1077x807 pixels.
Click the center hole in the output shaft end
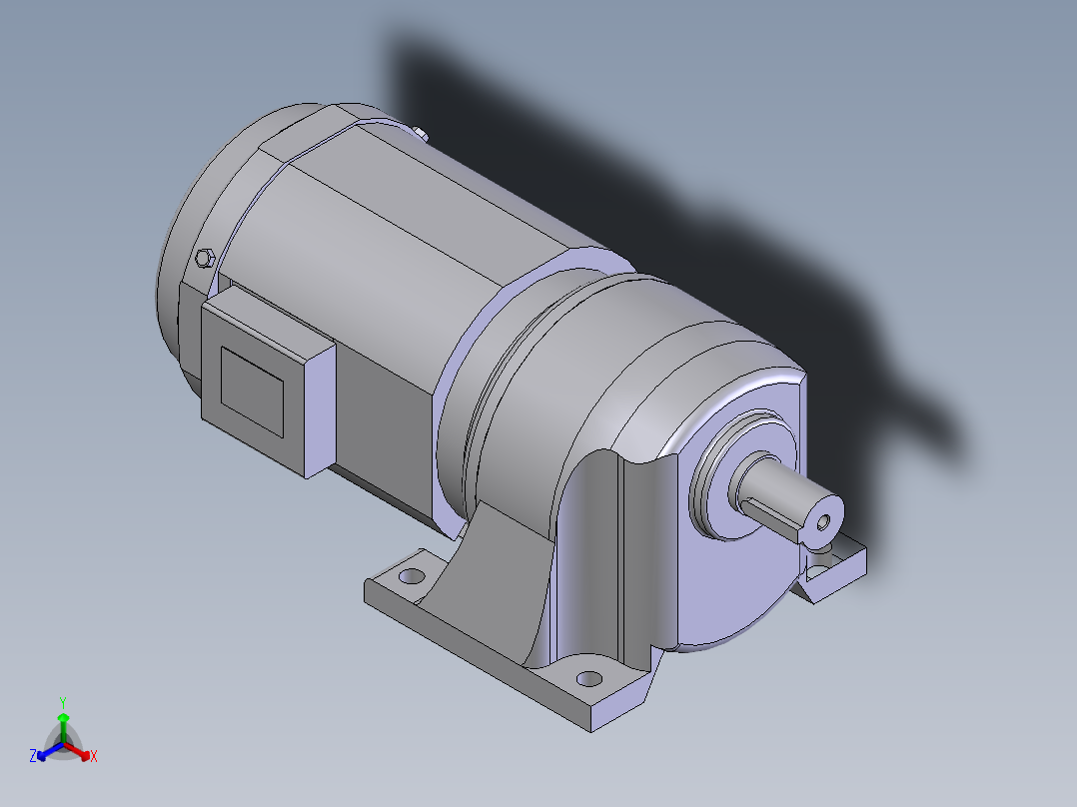point(823,521)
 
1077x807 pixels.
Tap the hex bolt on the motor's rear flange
point(206,258)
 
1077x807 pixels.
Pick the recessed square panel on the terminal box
point(252,391)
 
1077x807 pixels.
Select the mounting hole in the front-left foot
point(411,576)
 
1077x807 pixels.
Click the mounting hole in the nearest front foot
point(589,678)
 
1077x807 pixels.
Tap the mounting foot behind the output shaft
point(834,569)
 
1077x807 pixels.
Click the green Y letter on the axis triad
point(62,701)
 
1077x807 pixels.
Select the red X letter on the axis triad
point(93,756)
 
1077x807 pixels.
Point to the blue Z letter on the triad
point(33,756)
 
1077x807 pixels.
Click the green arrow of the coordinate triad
point(63,723)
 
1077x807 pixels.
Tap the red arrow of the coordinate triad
point(79,750)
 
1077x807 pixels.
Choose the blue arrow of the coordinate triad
point(46,750)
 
